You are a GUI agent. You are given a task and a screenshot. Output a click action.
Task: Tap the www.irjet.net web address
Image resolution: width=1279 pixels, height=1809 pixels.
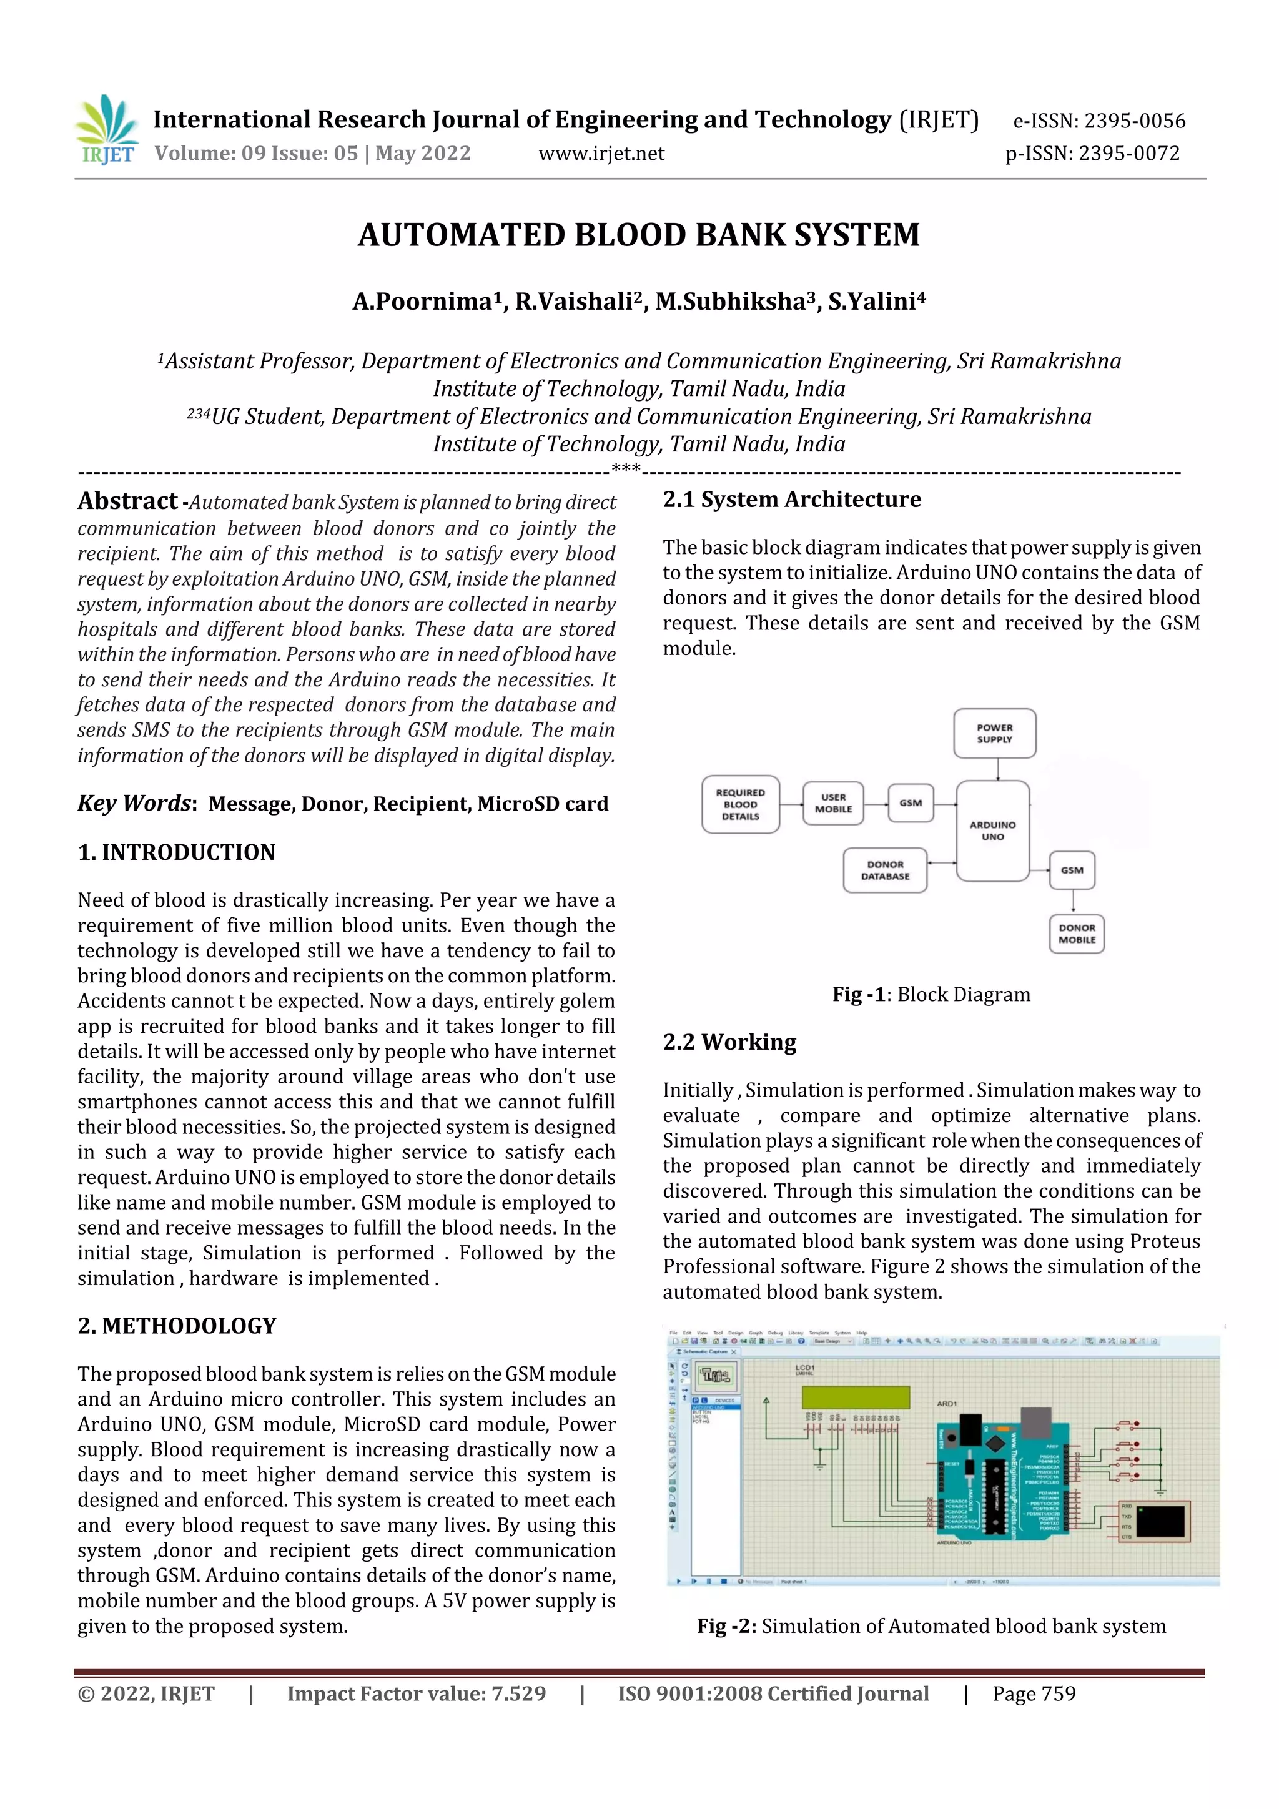(601, 154)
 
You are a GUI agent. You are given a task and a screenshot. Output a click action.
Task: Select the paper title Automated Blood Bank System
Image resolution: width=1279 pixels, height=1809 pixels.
(639, 235)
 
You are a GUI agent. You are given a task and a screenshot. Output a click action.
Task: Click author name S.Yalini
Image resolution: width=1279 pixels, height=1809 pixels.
(876, 302)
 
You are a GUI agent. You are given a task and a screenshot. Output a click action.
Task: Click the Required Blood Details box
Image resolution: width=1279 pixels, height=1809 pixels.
(740, 804)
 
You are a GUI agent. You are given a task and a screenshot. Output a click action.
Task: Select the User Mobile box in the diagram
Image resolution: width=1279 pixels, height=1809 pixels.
(833, 803)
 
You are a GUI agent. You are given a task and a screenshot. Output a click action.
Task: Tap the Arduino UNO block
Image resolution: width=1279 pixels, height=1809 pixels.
(992, 831)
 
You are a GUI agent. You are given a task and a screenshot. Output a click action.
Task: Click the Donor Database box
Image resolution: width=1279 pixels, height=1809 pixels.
(885, 870)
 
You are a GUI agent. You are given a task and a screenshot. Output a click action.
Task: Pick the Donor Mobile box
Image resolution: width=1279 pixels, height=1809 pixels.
(1077, 934)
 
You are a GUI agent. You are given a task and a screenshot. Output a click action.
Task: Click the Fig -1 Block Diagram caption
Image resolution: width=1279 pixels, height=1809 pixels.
(931, 994)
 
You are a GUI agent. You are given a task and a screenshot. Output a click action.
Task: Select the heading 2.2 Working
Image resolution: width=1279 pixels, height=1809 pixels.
(729, 1042)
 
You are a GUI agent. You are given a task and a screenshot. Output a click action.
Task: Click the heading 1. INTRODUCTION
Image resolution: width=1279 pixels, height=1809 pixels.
(177, 852)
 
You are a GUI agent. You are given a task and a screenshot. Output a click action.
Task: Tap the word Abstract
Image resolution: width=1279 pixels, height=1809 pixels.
(127, 501)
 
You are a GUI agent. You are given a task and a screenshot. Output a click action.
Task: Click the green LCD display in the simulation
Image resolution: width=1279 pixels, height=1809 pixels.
(855, 1397)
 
